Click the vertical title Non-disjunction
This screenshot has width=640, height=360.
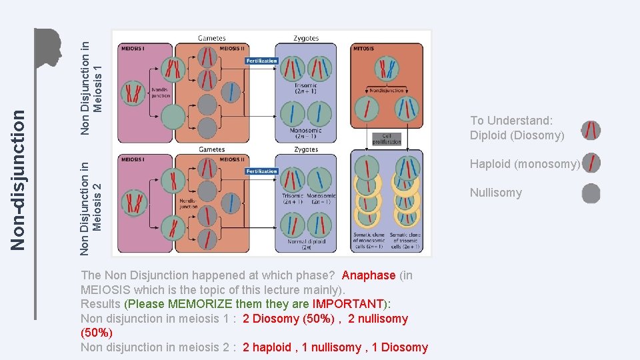point(20,181)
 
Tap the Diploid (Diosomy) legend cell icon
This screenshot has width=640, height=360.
point(591,131)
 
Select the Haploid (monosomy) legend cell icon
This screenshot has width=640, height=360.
point(591,163)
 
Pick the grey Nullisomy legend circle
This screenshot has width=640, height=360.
point(591,194)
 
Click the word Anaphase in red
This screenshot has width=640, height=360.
point(369,275)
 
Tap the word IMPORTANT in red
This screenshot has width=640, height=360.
point(351,304)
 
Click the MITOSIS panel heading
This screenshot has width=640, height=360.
point(364,49)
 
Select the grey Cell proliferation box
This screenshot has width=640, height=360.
point(387,139)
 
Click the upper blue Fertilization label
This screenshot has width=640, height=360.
point(261,61)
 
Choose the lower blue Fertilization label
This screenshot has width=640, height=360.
point(261,171)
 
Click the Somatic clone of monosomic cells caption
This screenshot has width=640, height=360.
point(369,241)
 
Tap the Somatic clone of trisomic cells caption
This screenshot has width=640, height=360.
point(405,241)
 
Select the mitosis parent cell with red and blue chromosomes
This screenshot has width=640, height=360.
point(386,68)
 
